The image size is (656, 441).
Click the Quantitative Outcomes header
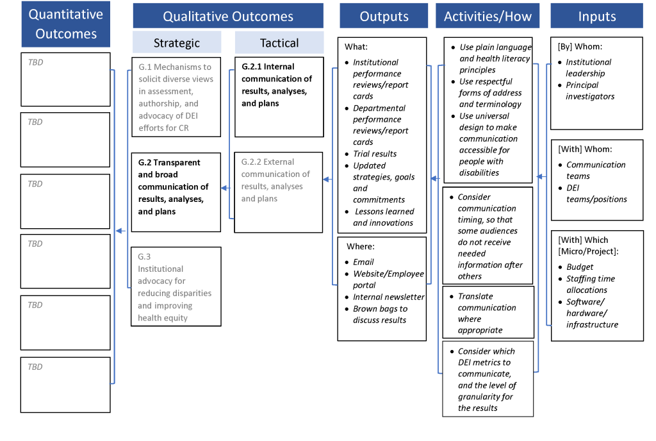65,24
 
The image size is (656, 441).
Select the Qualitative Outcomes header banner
227,16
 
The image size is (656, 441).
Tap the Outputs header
384,16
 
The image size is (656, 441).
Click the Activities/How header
488,16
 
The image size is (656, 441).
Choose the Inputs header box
596,16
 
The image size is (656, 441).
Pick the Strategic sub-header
176,43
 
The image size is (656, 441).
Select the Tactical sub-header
279,43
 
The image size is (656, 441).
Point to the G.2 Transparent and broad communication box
176,192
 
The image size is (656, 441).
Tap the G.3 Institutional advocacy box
176,287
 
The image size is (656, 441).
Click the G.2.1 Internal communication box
279,97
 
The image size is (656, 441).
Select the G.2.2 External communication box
279,192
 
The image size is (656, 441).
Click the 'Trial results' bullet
375,154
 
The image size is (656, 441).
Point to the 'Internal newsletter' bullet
388,297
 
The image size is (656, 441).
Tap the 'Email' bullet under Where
363,262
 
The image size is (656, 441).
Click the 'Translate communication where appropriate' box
488,313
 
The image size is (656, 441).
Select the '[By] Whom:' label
580,47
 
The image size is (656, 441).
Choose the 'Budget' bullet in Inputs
580,267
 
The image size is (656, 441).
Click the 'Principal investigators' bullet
589,90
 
